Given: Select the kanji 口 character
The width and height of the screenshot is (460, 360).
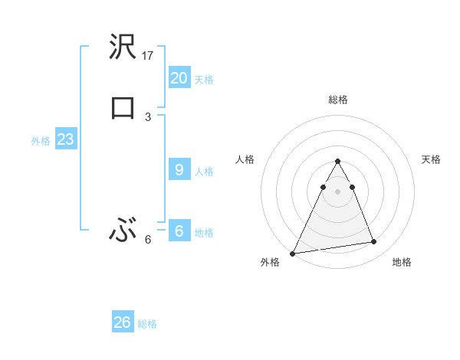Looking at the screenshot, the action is (x=122, y=108).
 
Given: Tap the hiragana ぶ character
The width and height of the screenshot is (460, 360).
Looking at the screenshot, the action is (x=122, y=230).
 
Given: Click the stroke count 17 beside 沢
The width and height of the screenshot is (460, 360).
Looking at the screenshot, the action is (x=149, y=56).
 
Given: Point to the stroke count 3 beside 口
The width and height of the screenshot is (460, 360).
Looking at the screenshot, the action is (x=148, y=116).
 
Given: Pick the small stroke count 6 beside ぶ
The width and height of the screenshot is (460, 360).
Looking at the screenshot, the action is (x=148, y=239).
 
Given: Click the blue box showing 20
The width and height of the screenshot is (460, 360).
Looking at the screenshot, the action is (x=179, y=78).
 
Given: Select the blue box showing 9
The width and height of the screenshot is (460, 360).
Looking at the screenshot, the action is (x=179, y=170).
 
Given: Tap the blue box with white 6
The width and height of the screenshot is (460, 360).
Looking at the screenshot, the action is (x=179, y=231).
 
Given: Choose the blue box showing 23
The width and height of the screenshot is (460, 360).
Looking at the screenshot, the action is (x=65, y=139).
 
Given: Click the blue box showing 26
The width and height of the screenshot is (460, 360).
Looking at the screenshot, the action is (x=122, y=322).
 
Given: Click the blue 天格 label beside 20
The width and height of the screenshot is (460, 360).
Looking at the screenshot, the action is (x=204, y=80).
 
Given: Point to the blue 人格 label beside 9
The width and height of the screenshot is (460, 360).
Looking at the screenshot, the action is (x=204, y=172).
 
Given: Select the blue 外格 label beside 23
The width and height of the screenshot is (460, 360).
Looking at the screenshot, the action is (x=41, y=141).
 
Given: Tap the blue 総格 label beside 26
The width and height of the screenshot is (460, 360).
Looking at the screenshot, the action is (x=147, y=324).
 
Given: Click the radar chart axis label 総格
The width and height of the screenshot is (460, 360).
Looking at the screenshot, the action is (x=338, y=100).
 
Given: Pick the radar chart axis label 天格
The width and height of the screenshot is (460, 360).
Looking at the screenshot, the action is (x=432, y=159).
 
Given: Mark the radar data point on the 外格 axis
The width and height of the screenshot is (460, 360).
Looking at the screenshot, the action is (x=293, y=253).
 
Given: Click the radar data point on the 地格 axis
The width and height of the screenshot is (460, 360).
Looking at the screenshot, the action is (x=374, y=242).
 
